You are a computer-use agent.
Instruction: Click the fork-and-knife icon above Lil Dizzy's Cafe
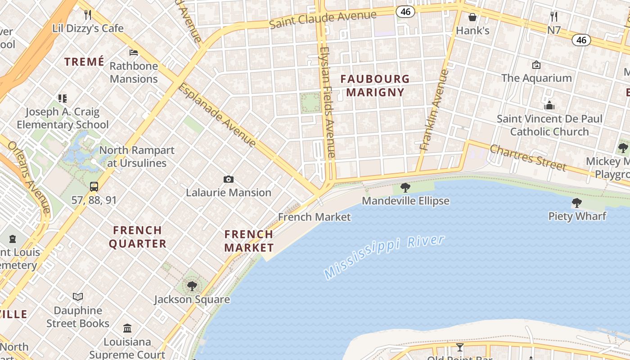(x=88, y=15)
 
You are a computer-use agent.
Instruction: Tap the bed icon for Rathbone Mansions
(x=134, y=53)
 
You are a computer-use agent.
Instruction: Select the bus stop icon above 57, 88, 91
(x=94, y=186)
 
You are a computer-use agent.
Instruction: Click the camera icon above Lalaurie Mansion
(x=229, y=180)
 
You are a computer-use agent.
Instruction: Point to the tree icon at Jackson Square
(x=192, y=286)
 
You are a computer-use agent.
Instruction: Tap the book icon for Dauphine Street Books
(x=78, y=297)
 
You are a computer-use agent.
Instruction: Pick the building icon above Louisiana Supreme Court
(x=127, y=328)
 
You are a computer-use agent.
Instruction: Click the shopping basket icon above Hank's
(x=472, y=17)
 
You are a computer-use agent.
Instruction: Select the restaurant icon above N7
(x=554, y=17)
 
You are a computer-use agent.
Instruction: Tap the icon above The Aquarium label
(x=536, y=65)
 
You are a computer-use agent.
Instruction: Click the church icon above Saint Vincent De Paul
(x=549, y=106)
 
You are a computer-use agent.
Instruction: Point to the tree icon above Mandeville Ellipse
(x=405, y=187)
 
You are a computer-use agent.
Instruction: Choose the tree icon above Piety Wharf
(x=577, y=203)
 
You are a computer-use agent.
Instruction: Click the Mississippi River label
(x=384, y=256)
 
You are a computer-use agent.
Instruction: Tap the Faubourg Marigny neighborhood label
(x=375, y=85)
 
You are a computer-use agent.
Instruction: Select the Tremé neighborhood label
(x=84, y=62)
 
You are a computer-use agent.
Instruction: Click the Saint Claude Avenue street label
(x=323, y=19)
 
